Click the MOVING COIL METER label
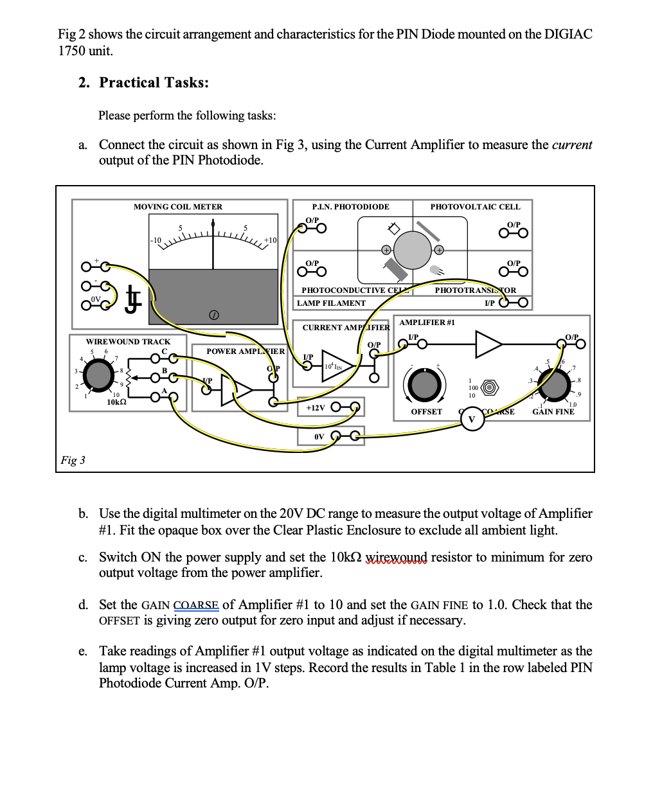(177, 207)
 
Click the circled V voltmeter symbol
(472, 420)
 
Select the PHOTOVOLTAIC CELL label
(475, 207)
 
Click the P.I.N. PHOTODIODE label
(350, 207)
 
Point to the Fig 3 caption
(73, 460)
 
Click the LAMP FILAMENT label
(331, 303)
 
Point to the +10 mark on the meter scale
(270, 240)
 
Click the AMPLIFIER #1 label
(427, 323)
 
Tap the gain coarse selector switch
(490, 388)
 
